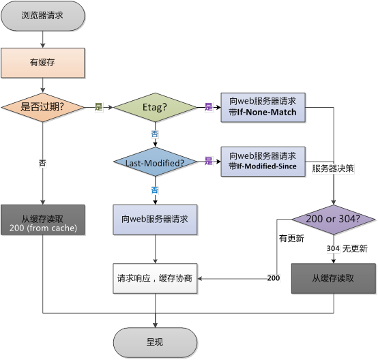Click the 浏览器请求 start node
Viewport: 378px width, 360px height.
[42, 15]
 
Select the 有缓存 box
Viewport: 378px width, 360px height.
[42, 63]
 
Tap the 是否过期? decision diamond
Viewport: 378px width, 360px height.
[42, 107]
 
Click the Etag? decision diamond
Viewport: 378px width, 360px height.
[155, 107]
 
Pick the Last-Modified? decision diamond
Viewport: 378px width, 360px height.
[155, 162]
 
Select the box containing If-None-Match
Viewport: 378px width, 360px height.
[263, 107]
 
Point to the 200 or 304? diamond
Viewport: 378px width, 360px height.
[334, 220]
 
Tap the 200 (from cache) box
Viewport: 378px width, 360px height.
[42, 220]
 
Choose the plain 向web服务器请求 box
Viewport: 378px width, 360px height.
[155, 220]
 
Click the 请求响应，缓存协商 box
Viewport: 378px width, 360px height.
[155, 278]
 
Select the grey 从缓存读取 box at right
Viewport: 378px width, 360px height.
[334, 278]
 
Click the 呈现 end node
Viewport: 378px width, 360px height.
[155, 341]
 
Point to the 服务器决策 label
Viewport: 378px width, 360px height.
[332, 167]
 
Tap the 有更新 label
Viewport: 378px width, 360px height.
[291, 239]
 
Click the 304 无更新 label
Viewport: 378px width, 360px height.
[347, 249]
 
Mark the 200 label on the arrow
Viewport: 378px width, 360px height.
[273, 278]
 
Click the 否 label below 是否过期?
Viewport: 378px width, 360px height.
[43, 163]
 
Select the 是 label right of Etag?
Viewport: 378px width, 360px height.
[209, 108]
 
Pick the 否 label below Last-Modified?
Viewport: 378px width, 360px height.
[155, 190]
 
